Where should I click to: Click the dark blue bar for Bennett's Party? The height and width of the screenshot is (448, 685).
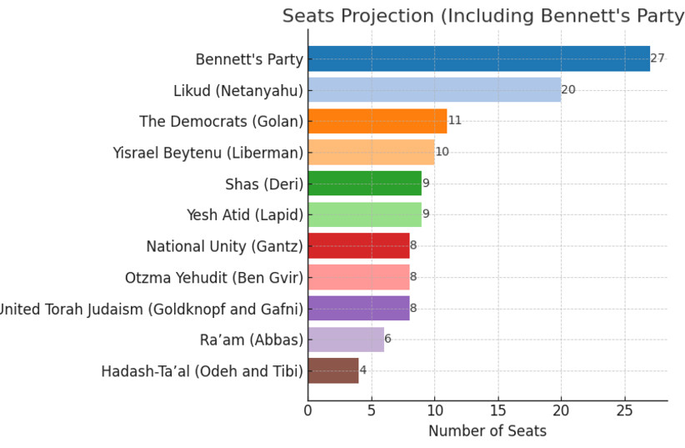[x=479, y=58]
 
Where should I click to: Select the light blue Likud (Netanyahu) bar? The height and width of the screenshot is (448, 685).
[x=435, y=90]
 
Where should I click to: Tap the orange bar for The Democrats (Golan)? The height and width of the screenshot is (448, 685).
[x=377, y=121]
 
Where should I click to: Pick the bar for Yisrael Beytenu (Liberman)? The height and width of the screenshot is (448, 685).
[x=372, y=152]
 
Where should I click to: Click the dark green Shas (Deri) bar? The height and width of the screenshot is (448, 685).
[x=365, y=184]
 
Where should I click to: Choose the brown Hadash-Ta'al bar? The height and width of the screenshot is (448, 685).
[x=333, y=370]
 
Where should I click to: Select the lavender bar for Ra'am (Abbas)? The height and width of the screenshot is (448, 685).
[x=346, y=340]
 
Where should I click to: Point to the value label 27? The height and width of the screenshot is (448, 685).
[x=657, y=58]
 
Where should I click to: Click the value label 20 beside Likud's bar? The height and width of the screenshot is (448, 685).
[x=568, y=90]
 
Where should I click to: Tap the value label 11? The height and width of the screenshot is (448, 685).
[x=455, y=120]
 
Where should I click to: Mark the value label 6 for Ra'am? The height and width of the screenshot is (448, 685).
[x=388, y=339]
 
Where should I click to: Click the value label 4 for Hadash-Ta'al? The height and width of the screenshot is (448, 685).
[x=362, y=370]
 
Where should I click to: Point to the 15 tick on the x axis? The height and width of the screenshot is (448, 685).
[x=498, y=410]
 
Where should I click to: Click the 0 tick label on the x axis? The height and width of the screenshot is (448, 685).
[x=308, y=410]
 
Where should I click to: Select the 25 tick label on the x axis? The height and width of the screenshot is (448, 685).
[x=625, y=410]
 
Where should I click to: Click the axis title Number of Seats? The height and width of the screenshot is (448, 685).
[x=487, y=431]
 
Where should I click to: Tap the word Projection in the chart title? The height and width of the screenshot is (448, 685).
[x=387, y=16]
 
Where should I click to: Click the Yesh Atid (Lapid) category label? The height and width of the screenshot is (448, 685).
[x=245, y=214]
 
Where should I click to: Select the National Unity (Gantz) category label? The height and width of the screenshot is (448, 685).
[x=224, y=246]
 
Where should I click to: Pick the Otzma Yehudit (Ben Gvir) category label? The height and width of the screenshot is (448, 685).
[x=214, y=277]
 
